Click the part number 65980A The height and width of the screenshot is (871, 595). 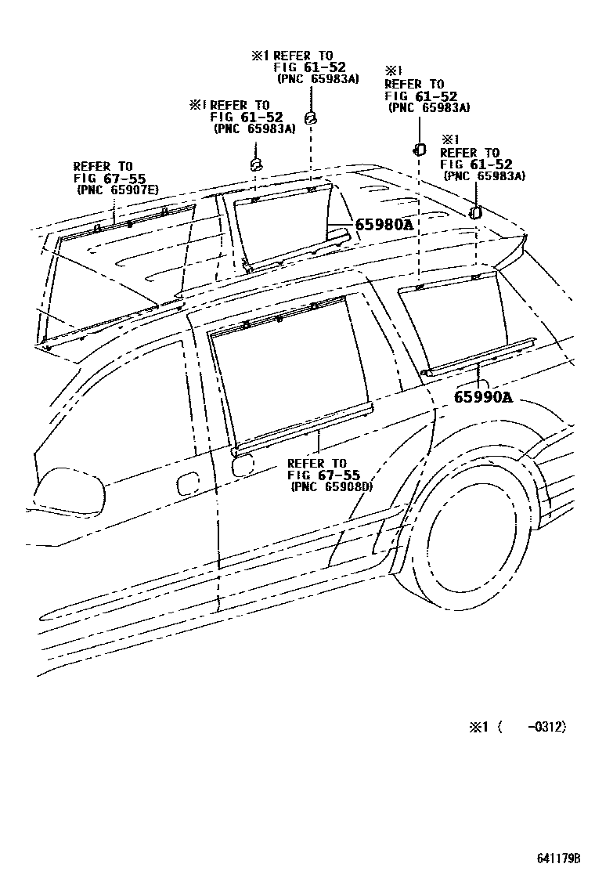tap(384, 225)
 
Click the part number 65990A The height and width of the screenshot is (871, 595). tap(483, 397)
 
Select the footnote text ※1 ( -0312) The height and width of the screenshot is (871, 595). tap(517, 727)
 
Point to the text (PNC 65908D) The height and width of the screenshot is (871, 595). tap(331, 486)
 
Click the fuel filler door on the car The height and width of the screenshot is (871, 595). tap(242, 463)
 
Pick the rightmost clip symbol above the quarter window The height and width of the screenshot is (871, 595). tap(475, 212)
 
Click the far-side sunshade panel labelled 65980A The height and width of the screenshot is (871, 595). tap(286, 223)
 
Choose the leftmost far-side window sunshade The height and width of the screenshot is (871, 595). tap(117, 274)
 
